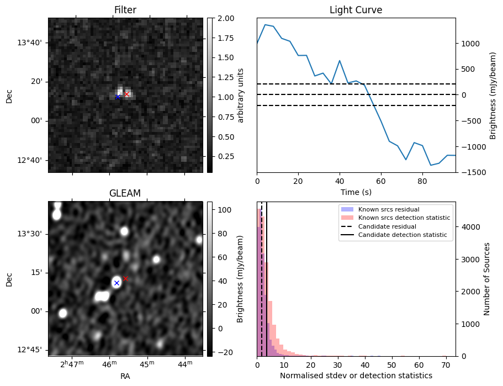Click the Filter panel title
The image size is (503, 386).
point(125,10)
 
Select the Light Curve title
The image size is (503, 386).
point(356,10)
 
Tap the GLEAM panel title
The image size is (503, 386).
point(125,193)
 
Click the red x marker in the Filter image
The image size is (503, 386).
point(126,94)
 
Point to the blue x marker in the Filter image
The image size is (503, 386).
point(118,97)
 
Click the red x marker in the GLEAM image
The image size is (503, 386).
point(125,278)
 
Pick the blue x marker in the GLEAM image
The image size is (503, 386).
point(117,283)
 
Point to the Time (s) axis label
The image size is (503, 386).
point(356,191)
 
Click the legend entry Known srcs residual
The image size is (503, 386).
point(388,209)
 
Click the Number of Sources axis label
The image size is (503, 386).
point(488,279)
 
